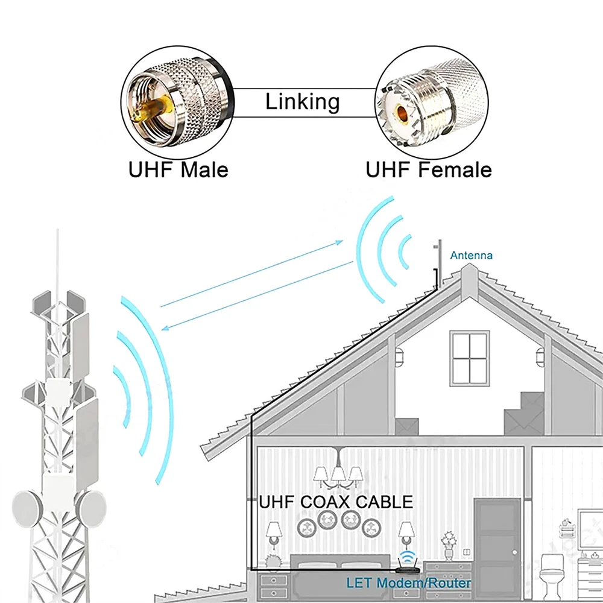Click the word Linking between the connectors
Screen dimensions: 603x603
click(302, 103)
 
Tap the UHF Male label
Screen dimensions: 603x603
click(178, 169)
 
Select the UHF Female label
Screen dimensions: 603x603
click(428, 169)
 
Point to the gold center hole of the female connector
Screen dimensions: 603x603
click(402, 113)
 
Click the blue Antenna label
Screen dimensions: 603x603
click(471, 255)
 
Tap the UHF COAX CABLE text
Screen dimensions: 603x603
click(336, 502)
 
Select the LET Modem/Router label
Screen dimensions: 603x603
click(408, 583)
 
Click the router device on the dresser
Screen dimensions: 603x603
click(407, 567)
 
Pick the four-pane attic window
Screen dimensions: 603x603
click(470, 358)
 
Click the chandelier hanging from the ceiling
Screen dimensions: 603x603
click(338, 469)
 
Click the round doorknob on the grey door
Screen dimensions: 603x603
click(514, 552)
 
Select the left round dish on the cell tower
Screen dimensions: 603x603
click(26, 508)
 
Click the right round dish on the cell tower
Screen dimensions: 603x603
click(92, 509)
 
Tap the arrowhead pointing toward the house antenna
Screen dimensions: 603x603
click(339, 242)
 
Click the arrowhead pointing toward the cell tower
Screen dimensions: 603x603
click(165, 328)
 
